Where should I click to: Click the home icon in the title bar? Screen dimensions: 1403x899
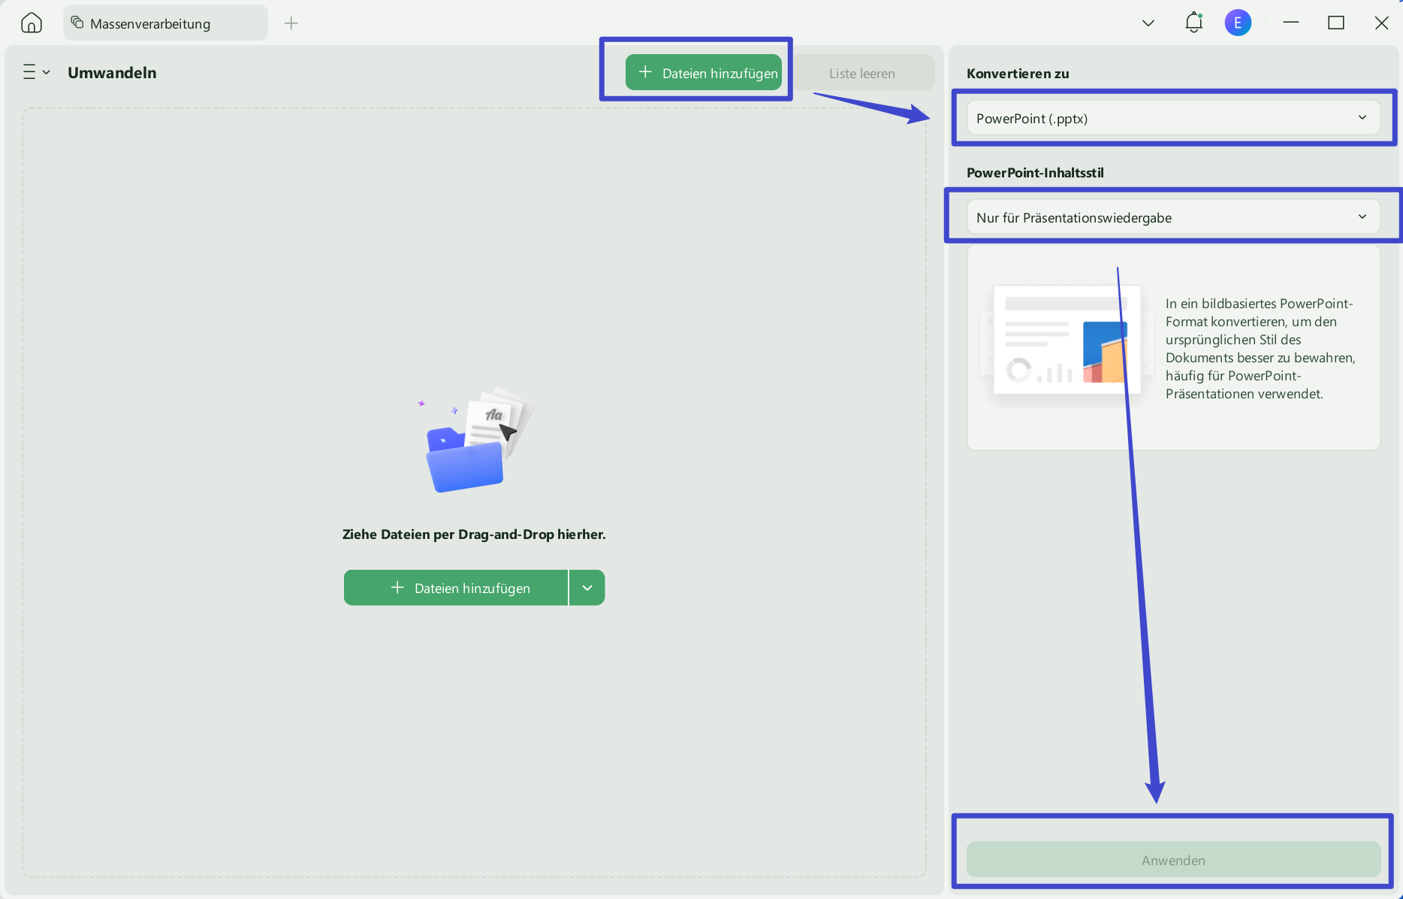coord(32,23)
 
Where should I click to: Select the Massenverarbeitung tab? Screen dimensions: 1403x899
coord(165,23)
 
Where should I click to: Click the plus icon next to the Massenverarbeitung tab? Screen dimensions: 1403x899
coord(291,23)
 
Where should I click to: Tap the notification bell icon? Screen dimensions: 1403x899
coord(1193,23)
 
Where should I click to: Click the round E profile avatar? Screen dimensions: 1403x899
coord(1238,23)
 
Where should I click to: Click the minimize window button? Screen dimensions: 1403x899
coord(1291,23)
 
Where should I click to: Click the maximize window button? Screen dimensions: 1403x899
coord(1336,23)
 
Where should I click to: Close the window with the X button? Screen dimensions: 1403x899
coord(1381,23)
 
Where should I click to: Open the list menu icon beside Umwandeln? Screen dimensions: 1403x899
coord(36,72)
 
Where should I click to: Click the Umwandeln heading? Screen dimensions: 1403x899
coord(112,73)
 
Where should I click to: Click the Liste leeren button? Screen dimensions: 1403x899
coord(862,74)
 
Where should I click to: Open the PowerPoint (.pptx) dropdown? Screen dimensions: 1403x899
coord(1173,118)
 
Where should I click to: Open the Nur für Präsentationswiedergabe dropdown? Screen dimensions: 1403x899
coord(1173,217)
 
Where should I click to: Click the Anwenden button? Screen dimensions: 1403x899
coord(1173,860)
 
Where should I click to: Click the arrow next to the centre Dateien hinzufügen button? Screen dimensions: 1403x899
coord(587,588)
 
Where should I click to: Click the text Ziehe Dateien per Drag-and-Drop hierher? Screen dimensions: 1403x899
coord(474,534)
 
